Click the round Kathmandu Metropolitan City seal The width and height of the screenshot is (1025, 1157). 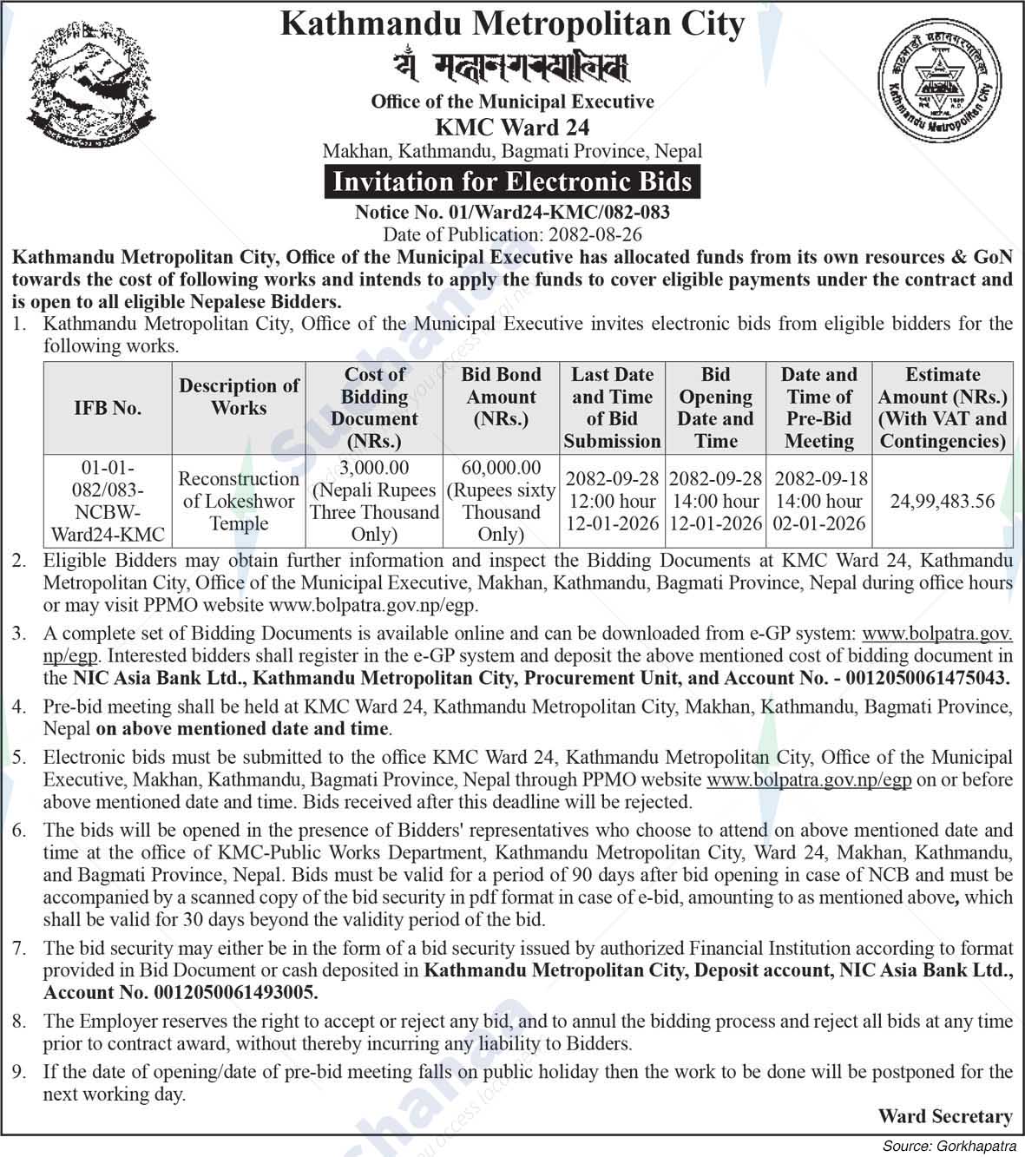(x=940, y=85)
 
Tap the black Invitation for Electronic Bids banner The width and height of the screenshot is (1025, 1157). (x=512, y=182)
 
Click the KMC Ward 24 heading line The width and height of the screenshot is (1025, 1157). (x=512, y=128)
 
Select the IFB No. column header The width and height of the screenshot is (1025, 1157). (x=108, y=408)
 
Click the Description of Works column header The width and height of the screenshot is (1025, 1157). (x=239, y=397)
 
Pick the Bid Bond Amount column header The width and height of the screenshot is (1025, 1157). (x=501, y=397)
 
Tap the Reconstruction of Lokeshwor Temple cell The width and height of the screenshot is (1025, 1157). (x=239, y=501)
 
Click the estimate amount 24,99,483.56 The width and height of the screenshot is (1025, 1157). (x=943, y=501)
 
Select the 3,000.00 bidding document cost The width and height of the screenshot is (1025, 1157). (x=375, y=468)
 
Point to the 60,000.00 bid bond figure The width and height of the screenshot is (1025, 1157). (x=501, y=468)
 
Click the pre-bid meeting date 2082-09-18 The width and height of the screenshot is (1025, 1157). (x=819, y=478)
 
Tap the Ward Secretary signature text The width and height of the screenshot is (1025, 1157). (x=944, y=1116)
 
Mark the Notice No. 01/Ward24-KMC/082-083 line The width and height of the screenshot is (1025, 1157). (x=512, y=212)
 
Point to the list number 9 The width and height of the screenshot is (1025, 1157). (x=19, y=1073)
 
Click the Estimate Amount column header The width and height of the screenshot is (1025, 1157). (x=943, y=408)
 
